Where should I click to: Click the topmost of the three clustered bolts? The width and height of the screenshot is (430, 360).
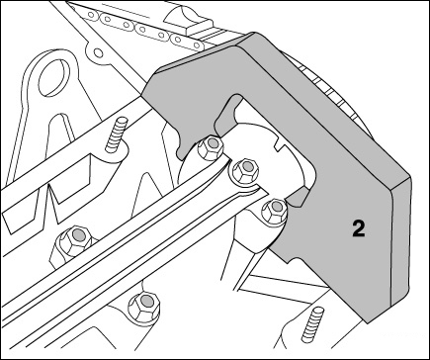point(210,149)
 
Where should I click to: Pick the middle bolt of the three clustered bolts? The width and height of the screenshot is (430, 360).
point(240,172)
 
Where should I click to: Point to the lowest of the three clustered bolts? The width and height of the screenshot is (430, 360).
point(274,208)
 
